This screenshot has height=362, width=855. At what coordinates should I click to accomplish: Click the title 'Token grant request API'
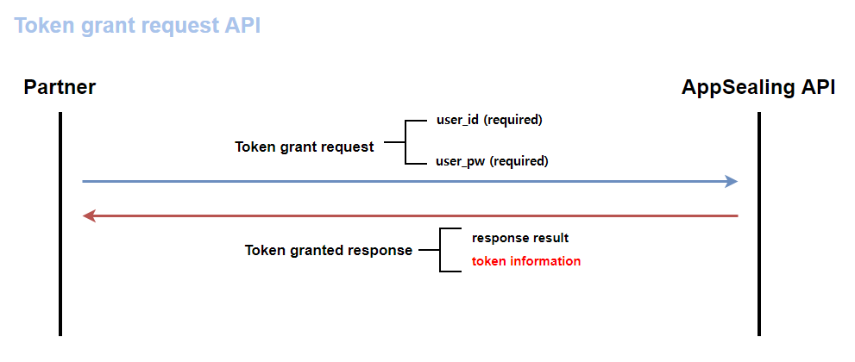(137, 25)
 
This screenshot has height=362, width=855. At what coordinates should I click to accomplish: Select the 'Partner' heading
(60, 87)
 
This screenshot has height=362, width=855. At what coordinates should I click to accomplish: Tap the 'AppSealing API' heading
(758, 87)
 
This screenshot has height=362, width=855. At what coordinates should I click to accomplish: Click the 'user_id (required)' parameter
(489, 120)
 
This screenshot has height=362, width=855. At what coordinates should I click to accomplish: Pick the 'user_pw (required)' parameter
(492, 161)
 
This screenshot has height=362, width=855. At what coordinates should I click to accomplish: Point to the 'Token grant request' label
(305, 147)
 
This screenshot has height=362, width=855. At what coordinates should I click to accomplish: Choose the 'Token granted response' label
(329, 251)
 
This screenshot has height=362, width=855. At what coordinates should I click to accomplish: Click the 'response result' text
(520, 238)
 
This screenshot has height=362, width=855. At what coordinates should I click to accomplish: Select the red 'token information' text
(526, 261)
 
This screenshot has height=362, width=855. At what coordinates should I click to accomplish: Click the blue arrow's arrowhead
(732, 181)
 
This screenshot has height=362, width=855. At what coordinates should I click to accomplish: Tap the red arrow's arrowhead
(89, 215)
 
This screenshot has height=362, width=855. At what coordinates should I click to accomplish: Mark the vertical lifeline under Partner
(60, 259)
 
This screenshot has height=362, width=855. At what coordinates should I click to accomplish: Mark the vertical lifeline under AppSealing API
(759, 259)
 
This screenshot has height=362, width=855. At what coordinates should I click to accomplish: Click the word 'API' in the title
(243, 25)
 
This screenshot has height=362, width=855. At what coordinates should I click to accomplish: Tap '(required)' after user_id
(513, 120)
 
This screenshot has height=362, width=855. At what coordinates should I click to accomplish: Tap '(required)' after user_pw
(519, 161)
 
